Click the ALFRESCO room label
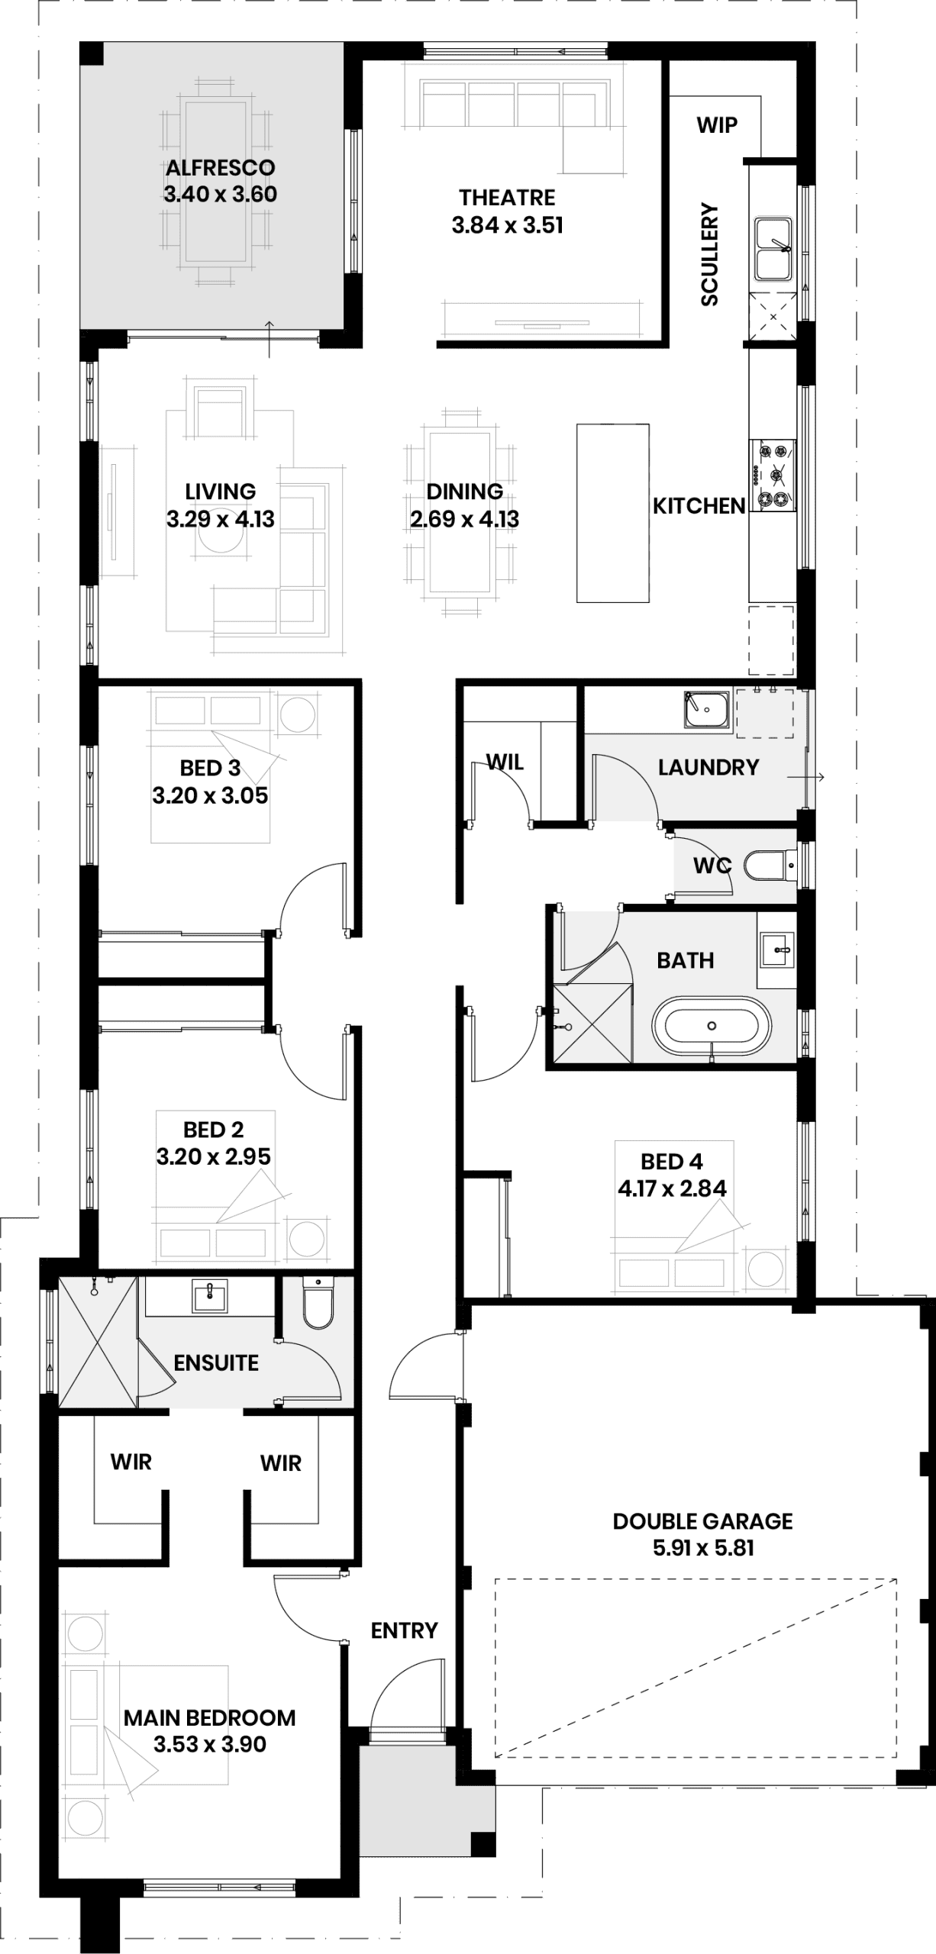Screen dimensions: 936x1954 [220, 167]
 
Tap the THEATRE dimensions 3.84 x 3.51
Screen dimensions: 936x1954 [507, 225]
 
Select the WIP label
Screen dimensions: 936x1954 [717, 125]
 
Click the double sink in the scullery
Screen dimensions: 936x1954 [773, 249]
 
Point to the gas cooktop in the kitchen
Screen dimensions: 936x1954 [773, 475]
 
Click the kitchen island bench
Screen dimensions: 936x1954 [613, 513]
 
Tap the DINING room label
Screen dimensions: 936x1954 [464, 492]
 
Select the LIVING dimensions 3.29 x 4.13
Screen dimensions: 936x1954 [220, 519]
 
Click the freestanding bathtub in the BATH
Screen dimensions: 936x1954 [712, 1025]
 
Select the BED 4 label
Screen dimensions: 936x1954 [671, 1162]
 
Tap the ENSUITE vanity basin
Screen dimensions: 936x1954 [210, 1296]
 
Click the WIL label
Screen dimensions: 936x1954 [505, 762]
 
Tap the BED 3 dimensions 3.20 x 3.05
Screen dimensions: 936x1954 [210, 795]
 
